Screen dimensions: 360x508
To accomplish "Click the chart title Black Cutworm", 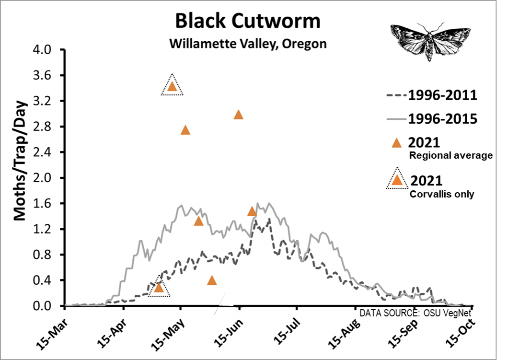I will coord(247,22).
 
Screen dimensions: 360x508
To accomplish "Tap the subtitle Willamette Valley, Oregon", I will coord(247,44).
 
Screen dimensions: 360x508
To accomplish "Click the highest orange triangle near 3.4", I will coord(172,86).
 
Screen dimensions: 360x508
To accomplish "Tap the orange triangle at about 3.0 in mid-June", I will coord(238,115).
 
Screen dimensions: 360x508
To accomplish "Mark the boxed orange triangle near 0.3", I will coord(159,287).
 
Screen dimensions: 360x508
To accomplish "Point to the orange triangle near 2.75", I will coord(185,130).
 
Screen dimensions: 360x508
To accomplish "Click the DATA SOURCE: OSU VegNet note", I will coord(416,313).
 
